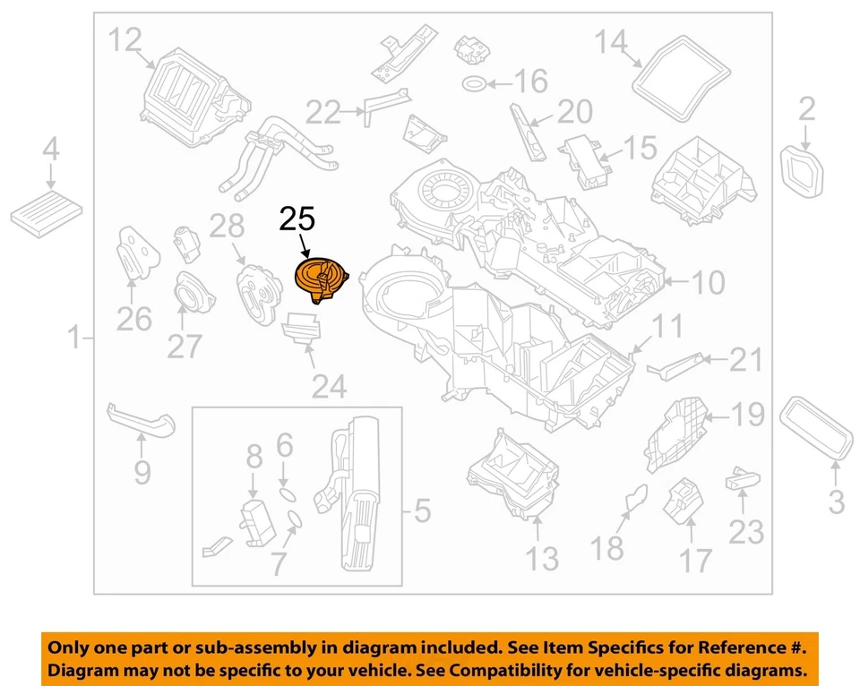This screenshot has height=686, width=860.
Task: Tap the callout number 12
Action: point(125,40)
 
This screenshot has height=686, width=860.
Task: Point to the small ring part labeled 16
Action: point(475,84)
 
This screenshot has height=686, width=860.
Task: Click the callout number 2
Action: point(807,110)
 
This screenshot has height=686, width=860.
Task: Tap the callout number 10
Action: point(708,284)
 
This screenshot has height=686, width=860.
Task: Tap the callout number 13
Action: point(542,557)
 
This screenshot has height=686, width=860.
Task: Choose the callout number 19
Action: point(746,415)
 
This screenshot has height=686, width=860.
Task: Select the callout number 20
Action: point(574,113)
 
